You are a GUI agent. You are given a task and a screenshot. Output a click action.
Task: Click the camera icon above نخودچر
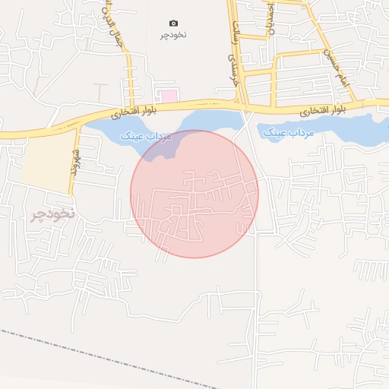pyautogui.click(x=173, y=24)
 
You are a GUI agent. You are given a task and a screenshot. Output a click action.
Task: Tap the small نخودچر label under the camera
pyautogui.click(x=173, y=36)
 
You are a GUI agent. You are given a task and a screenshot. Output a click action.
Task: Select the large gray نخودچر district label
pyautogui.click(x=52, y=213)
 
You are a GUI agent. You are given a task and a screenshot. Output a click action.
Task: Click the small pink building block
pyautogui.click(x=167, y=96)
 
